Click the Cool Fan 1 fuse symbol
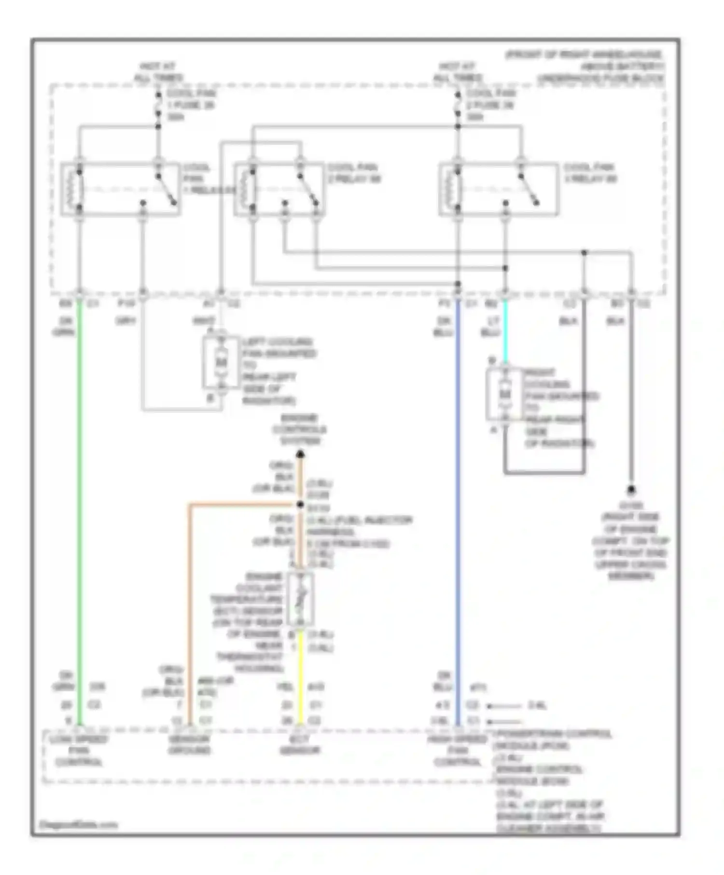158,105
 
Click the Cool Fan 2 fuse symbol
458,105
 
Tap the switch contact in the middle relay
307,188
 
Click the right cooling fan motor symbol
504,395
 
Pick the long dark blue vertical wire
458,506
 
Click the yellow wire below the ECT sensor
300,675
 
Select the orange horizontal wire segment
241,505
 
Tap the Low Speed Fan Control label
80,751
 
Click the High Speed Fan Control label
457,751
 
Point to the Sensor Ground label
189,745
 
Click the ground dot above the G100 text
631,491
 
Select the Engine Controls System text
299,429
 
